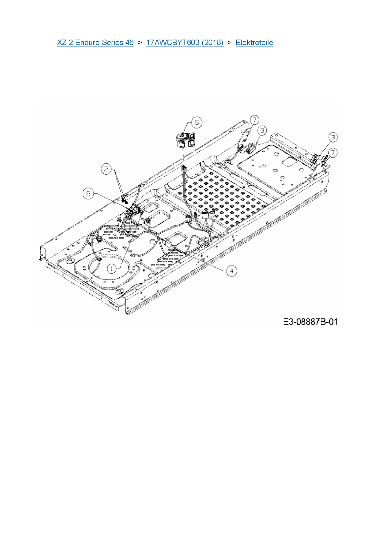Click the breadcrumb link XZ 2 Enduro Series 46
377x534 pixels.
tap(95, 43)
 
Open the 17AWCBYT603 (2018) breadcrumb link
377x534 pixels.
tap(185, 43)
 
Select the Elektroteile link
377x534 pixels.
tap(254, 43)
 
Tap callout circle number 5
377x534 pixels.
tap(197, 122)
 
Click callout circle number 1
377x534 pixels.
tap(112, 269)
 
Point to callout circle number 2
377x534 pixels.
tap(106, 169)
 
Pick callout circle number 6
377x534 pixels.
tap(88, 194)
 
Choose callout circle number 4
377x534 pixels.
tap(232, 271)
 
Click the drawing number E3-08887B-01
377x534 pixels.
tap(310, 322)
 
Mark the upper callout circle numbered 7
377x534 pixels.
tap(254, 120)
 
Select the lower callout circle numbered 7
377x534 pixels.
tap(333, 153)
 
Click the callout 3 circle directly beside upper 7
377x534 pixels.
tap(262, 131)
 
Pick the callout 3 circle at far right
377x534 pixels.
tap(333, 137)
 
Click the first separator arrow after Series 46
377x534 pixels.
tap(140, 43)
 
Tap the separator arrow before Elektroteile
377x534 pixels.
tap(230, 43)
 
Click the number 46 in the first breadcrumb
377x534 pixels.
tap(129, 43)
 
